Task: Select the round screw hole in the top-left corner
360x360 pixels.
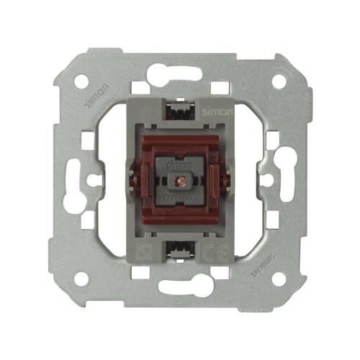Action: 81,81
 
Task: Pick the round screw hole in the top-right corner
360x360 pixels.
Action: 278,81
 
